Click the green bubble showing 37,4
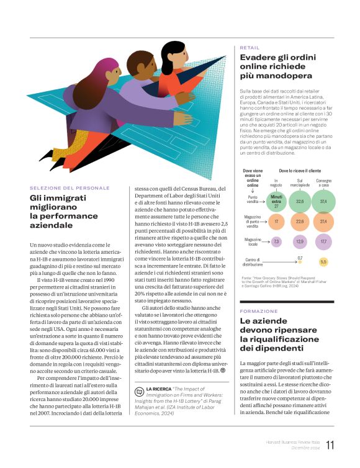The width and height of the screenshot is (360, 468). click(323, 201)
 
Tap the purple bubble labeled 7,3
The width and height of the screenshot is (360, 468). click(276, 241)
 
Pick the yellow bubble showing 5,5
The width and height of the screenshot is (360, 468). click(323, 262)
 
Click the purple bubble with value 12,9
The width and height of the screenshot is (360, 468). click(300, 241)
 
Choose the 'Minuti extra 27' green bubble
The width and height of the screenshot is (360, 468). click(276, 200)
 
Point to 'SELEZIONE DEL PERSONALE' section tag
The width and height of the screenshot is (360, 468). click(70, 187)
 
